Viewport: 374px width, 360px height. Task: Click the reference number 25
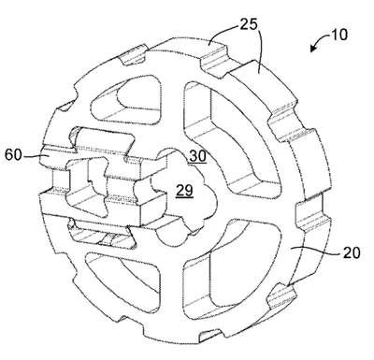[249, 24]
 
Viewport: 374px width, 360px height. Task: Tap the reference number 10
[338, 35]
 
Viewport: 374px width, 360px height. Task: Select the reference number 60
[13, 154]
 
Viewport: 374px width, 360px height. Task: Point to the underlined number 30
[197, 156]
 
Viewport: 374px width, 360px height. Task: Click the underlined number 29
[184, 191]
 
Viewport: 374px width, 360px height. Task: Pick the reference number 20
[352, 252]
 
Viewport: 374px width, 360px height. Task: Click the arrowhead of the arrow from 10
[312, 49]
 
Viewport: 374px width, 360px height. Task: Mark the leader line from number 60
[34, 155]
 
